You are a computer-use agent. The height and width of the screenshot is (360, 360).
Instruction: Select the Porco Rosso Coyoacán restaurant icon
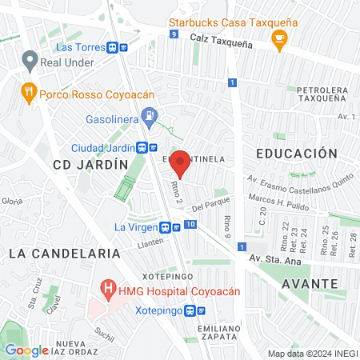30,91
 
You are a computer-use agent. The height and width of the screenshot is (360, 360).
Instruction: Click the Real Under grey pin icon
30,60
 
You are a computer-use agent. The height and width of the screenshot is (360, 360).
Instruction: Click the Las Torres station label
82,46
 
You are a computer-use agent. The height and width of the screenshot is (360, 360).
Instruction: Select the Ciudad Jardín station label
104,147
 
